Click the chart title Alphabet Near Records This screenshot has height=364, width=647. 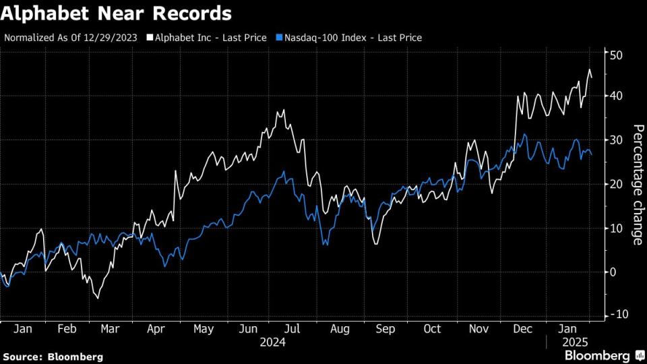117,14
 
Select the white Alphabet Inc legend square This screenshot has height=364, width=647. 150,38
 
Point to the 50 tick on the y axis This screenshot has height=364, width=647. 616,53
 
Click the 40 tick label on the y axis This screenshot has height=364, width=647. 616,96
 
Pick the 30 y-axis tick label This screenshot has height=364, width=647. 616,140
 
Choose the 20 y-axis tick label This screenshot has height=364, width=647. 616,184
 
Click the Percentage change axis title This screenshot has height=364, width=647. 637,184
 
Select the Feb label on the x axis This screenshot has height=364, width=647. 66,329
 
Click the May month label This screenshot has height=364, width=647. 203,329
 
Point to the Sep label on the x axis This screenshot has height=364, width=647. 386,329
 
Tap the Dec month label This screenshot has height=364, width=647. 524,329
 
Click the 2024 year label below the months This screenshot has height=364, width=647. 273,342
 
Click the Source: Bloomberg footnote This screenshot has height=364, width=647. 53,356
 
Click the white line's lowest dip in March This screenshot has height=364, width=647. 98,298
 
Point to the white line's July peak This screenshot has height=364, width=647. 284,110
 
